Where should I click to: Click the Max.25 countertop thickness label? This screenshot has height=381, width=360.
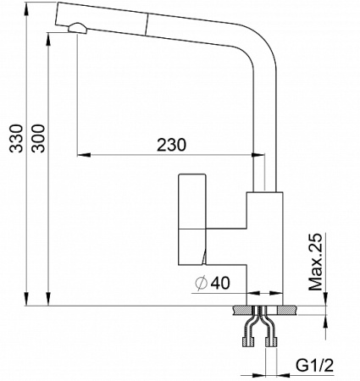[316, 263]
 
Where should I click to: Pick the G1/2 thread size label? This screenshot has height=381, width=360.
[313, 366]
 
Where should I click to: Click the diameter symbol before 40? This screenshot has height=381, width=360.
[200, 284]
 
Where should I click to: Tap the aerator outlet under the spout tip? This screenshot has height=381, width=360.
[77, 28]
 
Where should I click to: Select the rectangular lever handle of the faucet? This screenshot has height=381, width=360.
[191, 219]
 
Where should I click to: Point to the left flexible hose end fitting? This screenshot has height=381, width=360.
[246, 342]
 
